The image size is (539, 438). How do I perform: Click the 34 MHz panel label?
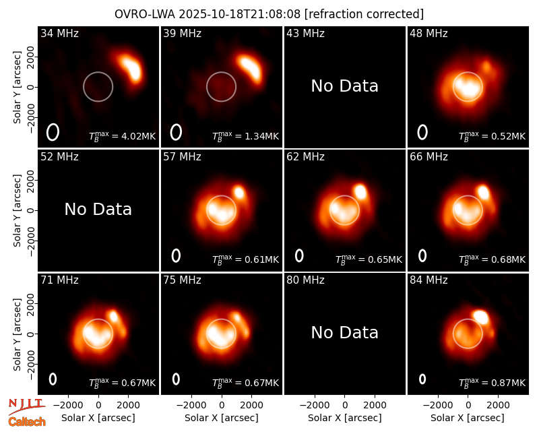pos(59,33)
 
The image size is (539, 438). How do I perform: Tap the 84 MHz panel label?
pos(429,280)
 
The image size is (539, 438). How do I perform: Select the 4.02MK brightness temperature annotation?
pos(123,136)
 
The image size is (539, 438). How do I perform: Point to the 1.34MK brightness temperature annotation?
pos(245,136)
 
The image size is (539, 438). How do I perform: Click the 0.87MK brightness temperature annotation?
pos(493,382)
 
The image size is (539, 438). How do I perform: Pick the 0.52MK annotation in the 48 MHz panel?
pos(493,136)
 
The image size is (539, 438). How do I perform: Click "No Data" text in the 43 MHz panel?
pos(345,86)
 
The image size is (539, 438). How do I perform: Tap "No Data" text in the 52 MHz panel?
pos(98,209)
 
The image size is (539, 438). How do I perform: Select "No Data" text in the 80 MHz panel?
pos(345,332)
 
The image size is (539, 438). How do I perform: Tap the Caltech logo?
pos(27,422)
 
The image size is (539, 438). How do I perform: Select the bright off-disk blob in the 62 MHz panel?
pos(360,192)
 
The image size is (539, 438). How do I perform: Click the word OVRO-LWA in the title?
pos(145,14)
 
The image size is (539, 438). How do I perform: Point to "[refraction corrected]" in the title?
pos(364,14)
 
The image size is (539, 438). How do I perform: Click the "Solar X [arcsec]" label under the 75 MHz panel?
pos(222,418)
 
